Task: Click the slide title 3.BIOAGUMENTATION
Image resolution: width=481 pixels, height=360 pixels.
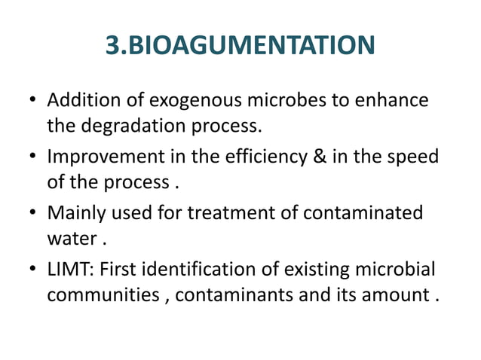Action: (240, 45)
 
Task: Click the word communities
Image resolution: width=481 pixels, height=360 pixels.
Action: (104, 294)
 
